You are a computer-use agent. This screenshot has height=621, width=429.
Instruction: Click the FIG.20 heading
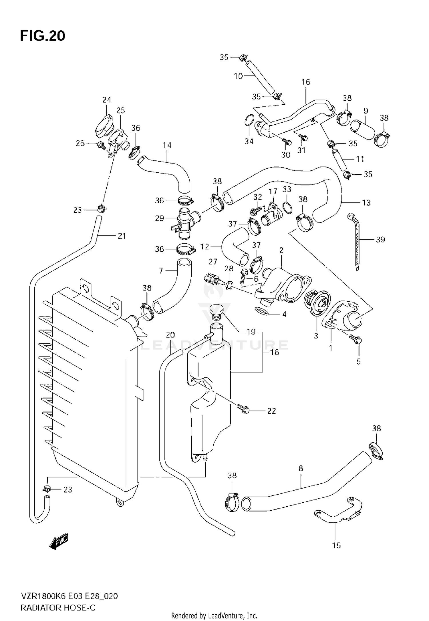coord(43,36)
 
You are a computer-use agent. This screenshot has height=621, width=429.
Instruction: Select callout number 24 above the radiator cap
coord(107,100)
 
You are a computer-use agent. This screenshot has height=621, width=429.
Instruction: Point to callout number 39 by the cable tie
coord(380,240)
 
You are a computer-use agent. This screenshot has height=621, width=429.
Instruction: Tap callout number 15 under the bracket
coord(337,546)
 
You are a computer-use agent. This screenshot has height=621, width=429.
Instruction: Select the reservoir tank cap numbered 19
coord(216,312)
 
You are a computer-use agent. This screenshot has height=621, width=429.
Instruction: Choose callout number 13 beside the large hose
coord(366,203)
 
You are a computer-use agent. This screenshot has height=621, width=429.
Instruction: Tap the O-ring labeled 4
coord(261,311)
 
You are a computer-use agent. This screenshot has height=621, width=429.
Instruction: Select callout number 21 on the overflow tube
coord(122,236)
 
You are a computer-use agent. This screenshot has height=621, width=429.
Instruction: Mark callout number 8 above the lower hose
coord(301,469)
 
